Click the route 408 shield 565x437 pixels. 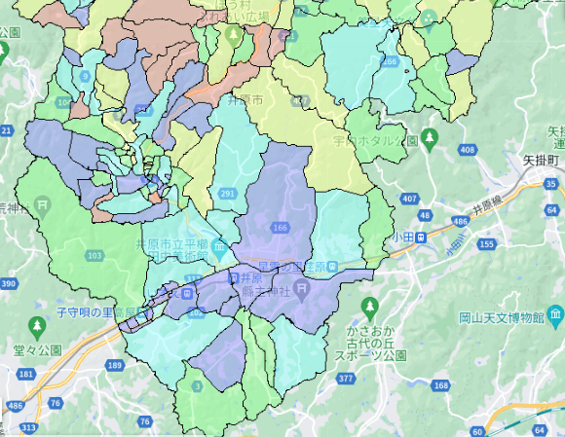(467, 149)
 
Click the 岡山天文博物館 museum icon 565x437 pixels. (554, 315)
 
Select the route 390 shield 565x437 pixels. (9, 283)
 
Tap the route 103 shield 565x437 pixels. (94, 255)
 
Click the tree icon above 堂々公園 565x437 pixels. (36, 324)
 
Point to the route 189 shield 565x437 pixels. (116, 365)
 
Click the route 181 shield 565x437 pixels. (25, 373)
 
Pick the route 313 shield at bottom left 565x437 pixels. (29, 427)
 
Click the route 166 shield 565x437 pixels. (282, 228)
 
